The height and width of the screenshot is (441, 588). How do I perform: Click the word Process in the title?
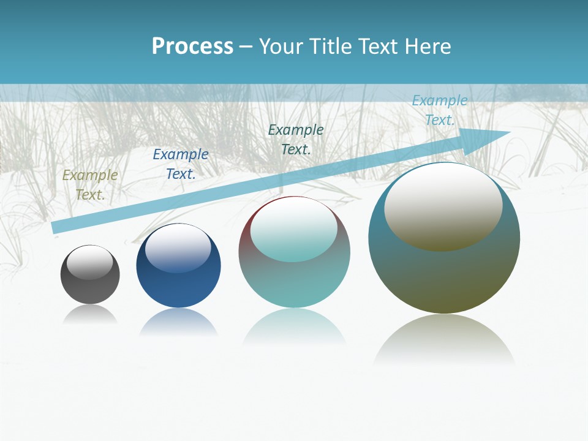[x=192, y=47]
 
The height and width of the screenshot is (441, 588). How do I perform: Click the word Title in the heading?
[x=330, y=47]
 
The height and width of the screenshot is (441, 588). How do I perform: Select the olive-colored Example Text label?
[x=90, y=185]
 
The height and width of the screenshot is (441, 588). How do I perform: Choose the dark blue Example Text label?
[x=181, y=164]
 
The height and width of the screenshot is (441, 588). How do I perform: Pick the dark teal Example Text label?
[x=296, y=140]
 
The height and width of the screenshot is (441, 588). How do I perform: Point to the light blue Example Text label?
[x=439, y=110]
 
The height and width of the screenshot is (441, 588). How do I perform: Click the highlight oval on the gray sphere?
[x=90, y=263]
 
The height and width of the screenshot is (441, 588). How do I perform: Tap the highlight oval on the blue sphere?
[x=178, y=249]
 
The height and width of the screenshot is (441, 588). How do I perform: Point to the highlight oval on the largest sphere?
[x=443, y=207]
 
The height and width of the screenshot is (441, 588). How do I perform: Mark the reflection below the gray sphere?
[x=90, y=315]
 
